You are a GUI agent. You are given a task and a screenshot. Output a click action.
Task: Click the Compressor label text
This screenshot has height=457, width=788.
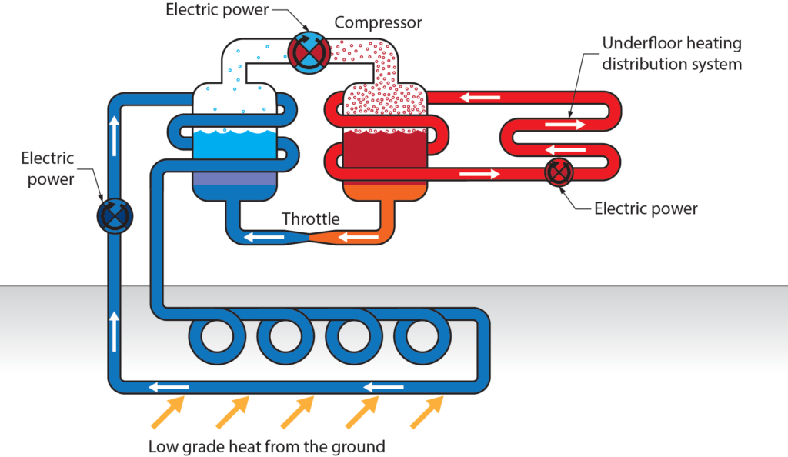(378, 22)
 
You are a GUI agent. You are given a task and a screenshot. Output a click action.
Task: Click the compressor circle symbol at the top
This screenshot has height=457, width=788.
(308, 52)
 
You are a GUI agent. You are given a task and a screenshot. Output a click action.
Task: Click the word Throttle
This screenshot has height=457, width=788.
(310, 218)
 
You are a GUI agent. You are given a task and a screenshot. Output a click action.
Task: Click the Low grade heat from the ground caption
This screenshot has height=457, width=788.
(266, 445)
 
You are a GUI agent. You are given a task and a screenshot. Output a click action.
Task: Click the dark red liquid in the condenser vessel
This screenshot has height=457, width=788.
(382, 149)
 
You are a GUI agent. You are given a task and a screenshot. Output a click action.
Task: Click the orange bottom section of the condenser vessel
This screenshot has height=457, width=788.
(382, 192)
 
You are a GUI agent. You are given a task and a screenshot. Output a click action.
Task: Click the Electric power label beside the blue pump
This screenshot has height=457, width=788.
(48, 168)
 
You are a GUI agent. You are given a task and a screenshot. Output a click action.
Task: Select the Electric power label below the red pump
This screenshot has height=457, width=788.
(646, 208)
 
